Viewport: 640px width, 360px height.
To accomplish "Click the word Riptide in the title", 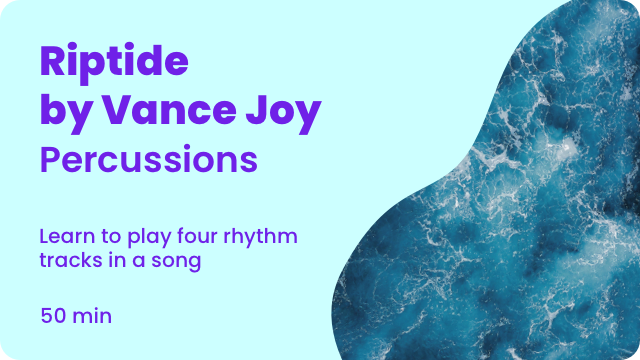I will [114, 62].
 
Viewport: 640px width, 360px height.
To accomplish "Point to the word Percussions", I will [149, 159].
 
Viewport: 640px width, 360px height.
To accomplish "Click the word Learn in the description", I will [64, 237].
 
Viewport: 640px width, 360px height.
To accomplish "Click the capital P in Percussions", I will [52, 159].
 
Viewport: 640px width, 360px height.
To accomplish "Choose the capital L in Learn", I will [44, 237].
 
